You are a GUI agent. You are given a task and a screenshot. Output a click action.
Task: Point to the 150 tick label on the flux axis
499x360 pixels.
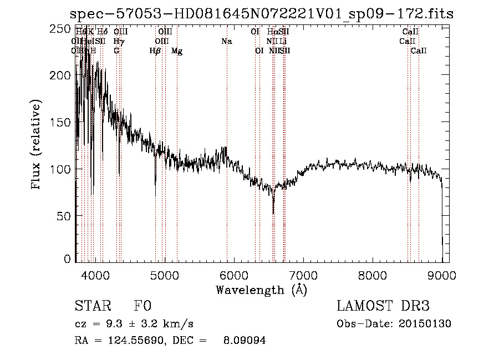pos(60,122)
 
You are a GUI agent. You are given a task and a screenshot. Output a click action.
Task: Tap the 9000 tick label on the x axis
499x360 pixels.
pos(442,276)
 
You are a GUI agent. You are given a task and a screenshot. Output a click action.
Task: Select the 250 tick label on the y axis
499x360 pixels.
pos(60,28)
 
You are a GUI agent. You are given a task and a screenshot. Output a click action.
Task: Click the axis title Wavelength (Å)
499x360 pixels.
pos(261,290)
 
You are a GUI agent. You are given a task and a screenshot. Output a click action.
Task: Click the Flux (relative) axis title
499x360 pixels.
pos(37,145)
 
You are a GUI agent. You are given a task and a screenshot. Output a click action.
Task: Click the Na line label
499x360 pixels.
pos(226,41)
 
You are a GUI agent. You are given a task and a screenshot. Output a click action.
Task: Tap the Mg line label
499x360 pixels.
pos(177,51)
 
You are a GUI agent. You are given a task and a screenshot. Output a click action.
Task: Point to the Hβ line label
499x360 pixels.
pos(155,51)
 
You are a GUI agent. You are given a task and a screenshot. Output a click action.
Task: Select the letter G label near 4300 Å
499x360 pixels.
pos(116,51)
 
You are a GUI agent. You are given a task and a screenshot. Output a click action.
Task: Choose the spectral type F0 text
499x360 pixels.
pos(142,306)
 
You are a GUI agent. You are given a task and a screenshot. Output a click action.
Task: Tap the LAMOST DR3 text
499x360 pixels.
pos(383,306)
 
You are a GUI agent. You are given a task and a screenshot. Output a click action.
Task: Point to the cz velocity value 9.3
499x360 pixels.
pos(110,324)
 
